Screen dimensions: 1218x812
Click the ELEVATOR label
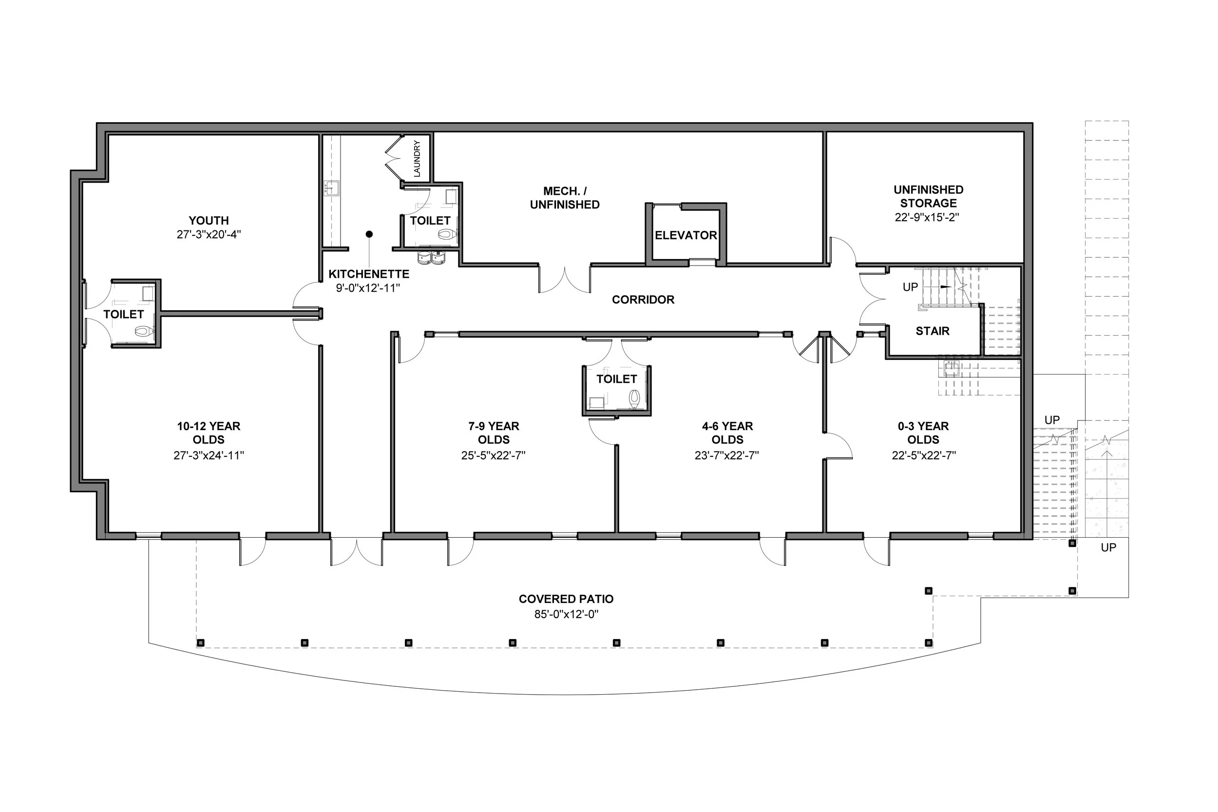pyautogui.click(x=685, y=235)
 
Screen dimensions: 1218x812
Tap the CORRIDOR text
pyautogui.click(x=643, y=299)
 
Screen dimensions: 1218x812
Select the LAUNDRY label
pyautogui.click(x=417, y=158)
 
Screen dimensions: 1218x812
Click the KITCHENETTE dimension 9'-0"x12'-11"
pyautogui.click(x=368, y=288)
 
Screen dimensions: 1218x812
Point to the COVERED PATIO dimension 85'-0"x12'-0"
pyautogui.click(x=566, y=614)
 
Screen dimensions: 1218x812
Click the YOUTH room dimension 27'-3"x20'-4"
pyautogui.click(x=209, y=234)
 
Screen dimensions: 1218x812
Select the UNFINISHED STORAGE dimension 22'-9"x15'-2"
pyautogui.click(x=927, y=217)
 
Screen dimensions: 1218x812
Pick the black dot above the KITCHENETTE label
pyautogui.click(x=369, y=234)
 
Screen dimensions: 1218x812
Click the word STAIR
pyautogui.click(x=932, y=331)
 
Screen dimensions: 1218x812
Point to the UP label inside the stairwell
pyautogui.click(x=910, y=287)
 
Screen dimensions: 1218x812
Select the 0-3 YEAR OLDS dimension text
pyautogui.click(x=923, y=455)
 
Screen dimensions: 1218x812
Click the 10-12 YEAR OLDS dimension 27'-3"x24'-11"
pyautogui.click(x=209, y=455)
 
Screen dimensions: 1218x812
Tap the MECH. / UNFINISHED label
pyautogui.click(x=565, y=198)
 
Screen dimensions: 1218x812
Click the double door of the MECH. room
pyautogui.click(x=565, y=280)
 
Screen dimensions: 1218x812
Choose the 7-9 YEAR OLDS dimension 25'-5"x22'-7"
pyautogui.click(x=493, y=455)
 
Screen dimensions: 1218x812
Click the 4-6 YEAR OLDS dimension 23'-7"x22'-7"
pyautogui.click(x=726, y=455)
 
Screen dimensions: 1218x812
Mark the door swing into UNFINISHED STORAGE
pyautogui.click(x=842, y=251)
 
